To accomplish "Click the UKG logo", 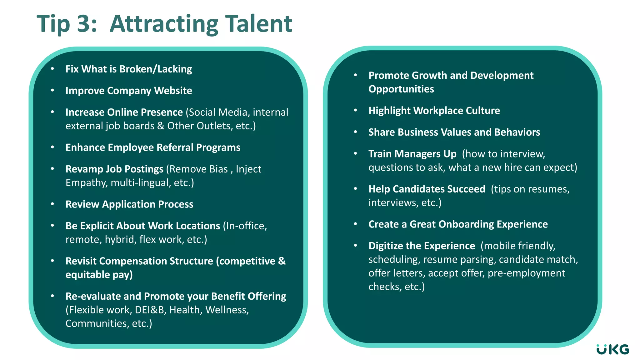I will click(x=612, y=349).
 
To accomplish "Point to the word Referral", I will click(x=175, y=147).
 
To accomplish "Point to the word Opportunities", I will click(x=401, y=89).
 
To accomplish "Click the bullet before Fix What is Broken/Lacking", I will click(x=52, y=69).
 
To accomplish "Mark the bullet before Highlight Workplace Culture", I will click(x=355, y=110).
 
